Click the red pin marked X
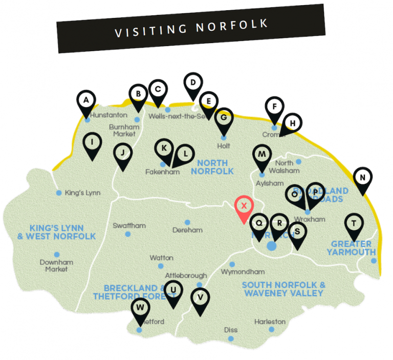click(x=244, y=206)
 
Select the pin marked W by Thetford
click(x=141, y=309)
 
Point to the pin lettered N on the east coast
click(x=363, y=178)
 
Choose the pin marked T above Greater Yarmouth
click(x=354, y=223)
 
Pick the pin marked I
click(x=92, y=142)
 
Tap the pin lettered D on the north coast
click(x=193, y=83)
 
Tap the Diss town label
click(x=231, y=330)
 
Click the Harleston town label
click(x=270, y=322)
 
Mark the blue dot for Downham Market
click(x=57, y=255)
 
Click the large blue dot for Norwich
click(x=272, y=246)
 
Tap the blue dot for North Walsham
click(x=299, y=162)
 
